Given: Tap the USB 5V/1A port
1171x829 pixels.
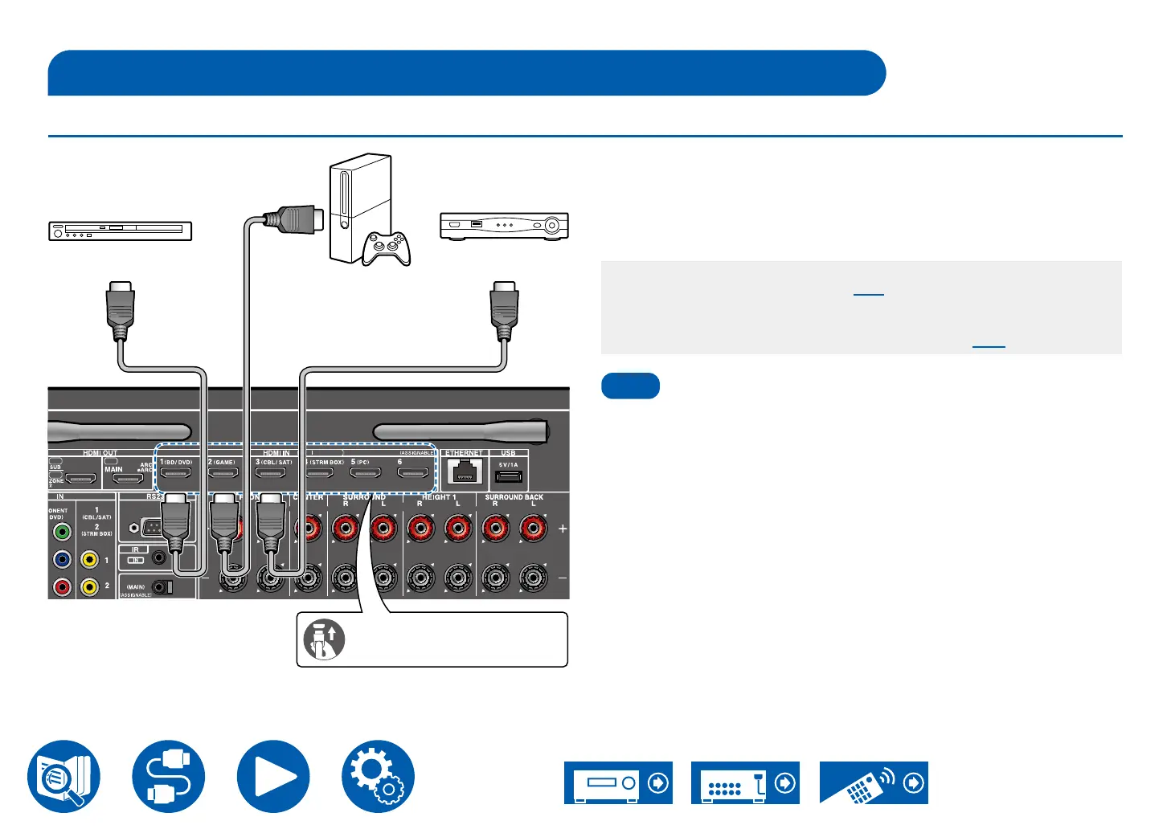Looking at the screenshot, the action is (508, 477).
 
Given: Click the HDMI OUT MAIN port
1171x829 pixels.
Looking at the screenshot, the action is (127, 480).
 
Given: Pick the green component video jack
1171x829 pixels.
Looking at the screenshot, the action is (62, 532).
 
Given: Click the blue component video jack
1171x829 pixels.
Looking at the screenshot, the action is (62, 559).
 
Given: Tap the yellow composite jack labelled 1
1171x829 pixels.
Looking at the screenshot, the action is (89, 560).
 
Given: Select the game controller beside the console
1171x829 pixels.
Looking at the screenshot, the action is (387, 247).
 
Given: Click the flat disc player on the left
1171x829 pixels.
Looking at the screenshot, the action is (121, 231).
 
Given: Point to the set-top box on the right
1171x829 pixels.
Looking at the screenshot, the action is (504, 226).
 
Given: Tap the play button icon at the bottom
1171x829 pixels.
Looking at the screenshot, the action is (273, 777).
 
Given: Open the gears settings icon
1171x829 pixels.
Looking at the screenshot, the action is (378, 777).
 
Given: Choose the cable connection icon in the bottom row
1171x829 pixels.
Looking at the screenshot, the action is (169, 777).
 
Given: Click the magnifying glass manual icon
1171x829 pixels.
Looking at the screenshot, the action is (64, 777).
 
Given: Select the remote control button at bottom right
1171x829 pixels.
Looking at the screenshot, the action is (874, 782).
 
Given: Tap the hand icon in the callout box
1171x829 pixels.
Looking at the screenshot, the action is (324, 639).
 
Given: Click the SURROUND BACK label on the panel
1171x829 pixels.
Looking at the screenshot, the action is (514, 497).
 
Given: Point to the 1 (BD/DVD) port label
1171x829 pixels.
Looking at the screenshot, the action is (176, 463).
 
